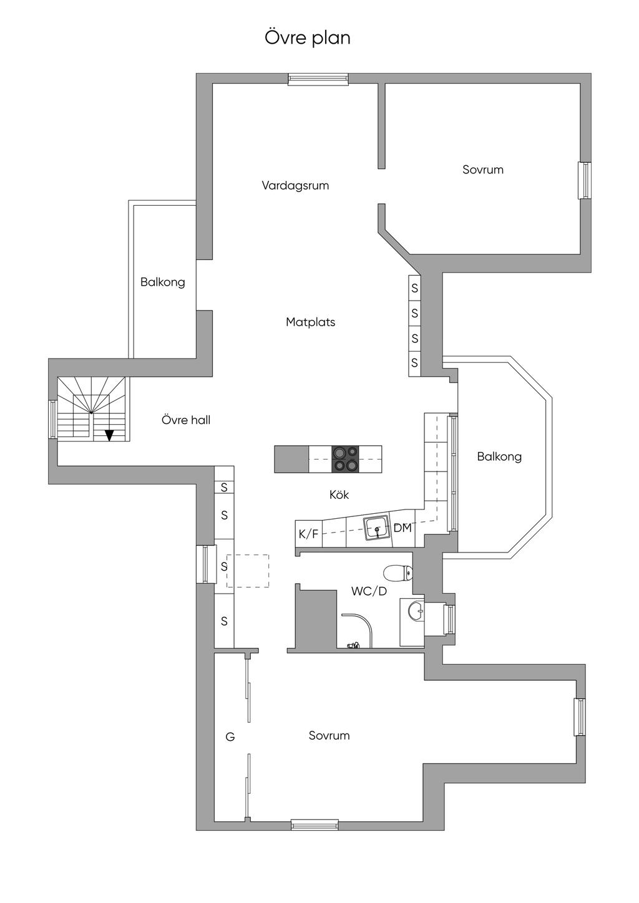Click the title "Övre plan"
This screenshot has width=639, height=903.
click(308, 37)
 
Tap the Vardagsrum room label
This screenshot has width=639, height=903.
click(295, 185)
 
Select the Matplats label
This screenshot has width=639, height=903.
click(310, 322)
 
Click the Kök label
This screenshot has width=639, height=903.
click(339, 495)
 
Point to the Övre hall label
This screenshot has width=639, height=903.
click(186, 420)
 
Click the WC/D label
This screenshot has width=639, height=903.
click(369, 591)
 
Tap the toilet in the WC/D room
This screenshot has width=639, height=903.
click(398, 572)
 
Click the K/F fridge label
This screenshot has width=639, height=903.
click(308, 534)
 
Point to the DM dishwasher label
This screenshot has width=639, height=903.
click(402, 528)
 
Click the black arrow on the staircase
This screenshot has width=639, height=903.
click(109, 435)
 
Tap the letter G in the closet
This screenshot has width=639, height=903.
click(230, 737)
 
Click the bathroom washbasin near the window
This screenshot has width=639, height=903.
click(415, 611)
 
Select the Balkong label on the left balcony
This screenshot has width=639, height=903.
click(162, 282)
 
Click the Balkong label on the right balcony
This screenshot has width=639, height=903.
click(499, 456)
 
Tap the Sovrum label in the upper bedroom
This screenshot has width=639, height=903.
click(482, 170)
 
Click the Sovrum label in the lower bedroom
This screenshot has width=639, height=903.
click(329, 735)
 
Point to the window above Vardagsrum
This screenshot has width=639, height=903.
click(318, 79)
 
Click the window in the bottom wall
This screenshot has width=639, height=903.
click(315, 825)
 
